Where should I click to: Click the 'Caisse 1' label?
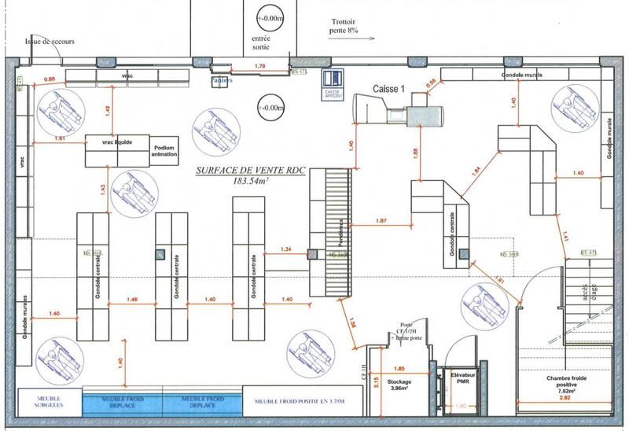tap(388, 90)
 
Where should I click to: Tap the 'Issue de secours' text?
tap(50, 42)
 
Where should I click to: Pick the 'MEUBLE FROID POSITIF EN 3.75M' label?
tap(296, 400)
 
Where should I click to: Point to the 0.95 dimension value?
tap(49, 79)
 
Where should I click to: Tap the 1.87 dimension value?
tap(383, 220)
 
